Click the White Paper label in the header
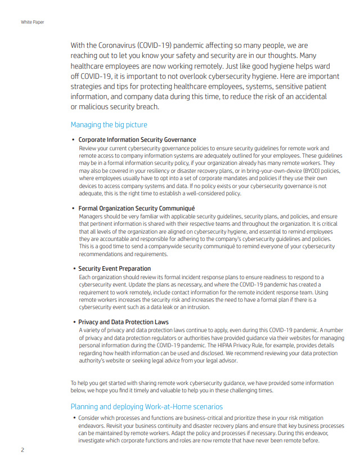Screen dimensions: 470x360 coord(32,22)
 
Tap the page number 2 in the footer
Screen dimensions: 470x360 coord(23,450)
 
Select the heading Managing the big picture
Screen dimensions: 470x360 coord(109,124)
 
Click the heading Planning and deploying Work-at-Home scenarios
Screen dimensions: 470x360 coord(146,406)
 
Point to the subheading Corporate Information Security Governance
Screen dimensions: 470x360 coord(137,140)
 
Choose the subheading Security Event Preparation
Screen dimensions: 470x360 coord(114,268)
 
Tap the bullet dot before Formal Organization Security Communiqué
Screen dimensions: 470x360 coord(74,208)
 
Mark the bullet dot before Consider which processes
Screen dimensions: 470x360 coord(74,418)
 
